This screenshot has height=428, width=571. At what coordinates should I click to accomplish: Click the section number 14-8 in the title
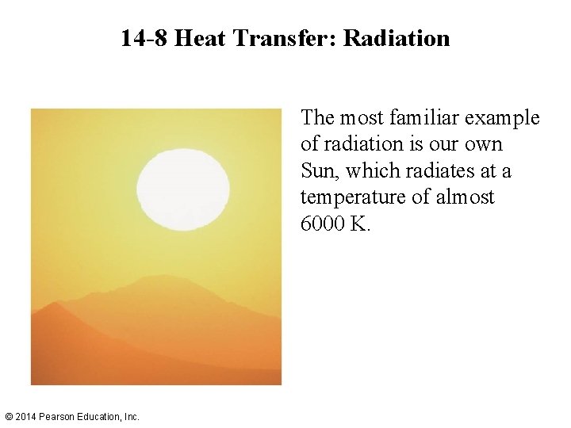coord(144,38)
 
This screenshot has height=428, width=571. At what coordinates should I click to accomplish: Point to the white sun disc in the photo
coord(183,189)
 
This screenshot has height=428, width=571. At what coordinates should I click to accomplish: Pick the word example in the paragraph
coord(504,118)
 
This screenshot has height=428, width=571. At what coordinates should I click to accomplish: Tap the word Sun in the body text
coord(317,170)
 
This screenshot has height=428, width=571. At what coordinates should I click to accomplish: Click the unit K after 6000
coord(359,224)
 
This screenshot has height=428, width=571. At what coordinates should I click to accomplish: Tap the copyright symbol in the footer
coord(9,416)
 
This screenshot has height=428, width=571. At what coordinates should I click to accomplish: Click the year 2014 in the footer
coord(26,416)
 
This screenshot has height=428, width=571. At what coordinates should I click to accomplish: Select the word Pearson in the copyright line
coord(58,416)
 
